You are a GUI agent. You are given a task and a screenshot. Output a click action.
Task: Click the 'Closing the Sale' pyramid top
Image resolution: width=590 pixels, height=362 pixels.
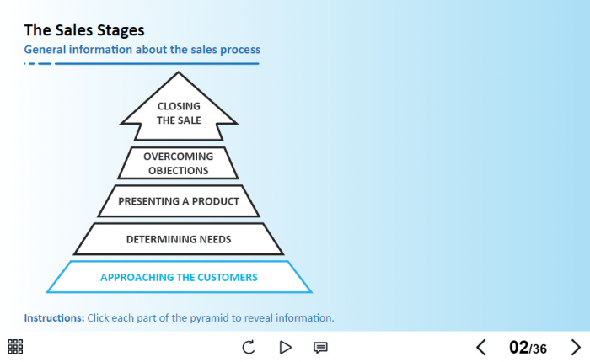pos(179,113)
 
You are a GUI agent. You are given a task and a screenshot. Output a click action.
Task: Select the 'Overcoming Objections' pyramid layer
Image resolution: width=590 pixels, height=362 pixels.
pos(178,163)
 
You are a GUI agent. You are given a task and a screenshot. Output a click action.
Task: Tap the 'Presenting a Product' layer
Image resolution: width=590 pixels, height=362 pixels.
pos(179,201)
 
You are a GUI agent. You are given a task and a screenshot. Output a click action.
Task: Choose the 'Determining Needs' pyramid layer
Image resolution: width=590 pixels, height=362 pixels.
pos(179,239)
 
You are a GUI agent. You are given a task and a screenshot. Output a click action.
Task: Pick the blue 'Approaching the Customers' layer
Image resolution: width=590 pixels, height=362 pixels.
pos(179,277)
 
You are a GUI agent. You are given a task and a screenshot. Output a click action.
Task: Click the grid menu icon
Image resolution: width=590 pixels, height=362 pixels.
pos(15,347)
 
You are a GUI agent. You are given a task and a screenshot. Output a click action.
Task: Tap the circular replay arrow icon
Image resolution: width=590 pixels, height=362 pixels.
pos(249,347)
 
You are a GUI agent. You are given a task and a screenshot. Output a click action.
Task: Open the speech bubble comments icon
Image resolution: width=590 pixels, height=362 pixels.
pos(320,347)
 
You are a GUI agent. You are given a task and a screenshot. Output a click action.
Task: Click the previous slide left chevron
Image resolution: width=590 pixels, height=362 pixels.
pos(481,347)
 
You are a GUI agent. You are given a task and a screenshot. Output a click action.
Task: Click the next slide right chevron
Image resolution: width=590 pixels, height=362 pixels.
pos(577,347)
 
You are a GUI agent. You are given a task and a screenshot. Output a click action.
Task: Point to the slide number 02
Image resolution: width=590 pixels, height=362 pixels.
pos(518,347)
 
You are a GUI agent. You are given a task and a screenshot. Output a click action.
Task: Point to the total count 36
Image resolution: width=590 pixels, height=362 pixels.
pos(539,349)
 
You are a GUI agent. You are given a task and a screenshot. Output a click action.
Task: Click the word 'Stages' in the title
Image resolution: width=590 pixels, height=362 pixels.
pos(119,30)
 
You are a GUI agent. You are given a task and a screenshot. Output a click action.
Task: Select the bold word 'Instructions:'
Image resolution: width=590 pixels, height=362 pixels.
pos(54,318)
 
